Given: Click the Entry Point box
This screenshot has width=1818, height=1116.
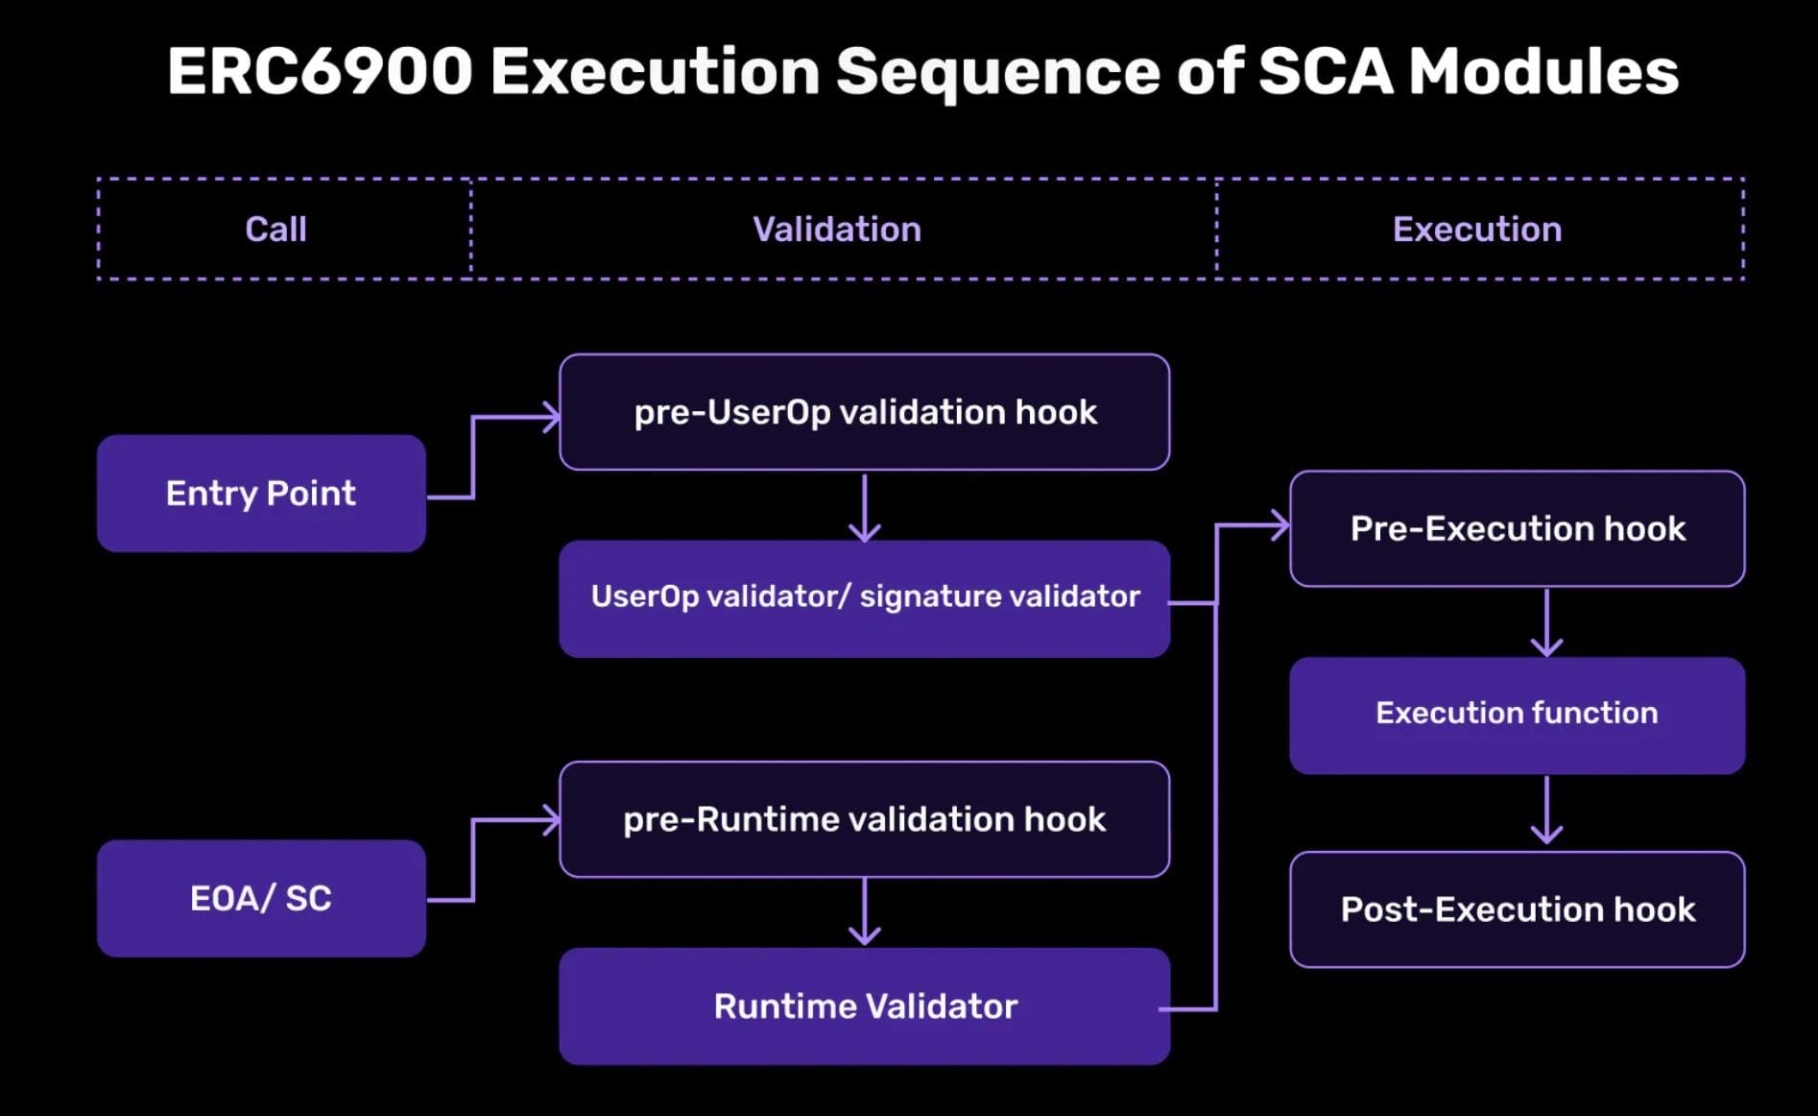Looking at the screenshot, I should (x=261, y=494).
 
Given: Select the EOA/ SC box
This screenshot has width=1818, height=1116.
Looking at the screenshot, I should (x=261, y=899).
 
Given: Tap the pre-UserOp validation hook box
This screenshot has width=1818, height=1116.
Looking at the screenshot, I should (x=864, y=412).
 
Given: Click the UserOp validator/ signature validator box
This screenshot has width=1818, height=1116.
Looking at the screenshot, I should (x=864, y=597).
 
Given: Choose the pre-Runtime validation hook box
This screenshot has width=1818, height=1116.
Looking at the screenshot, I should (x=864, y=819).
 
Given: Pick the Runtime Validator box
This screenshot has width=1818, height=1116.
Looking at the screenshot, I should (x=864, y=1007).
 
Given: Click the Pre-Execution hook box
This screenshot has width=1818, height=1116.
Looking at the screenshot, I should (x=1517, y=529).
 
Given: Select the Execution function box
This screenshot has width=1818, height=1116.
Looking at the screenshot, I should (x=1517, y=714).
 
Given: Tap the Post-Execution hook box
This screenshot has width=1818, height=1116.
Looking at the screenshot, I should (x=1517, y=910).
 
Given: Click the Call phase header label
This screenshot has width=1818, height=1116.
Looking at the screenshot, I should (x=275, y=230).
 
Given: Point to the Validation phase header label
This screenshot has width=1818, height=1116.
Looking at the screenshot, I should (x=836, y=230).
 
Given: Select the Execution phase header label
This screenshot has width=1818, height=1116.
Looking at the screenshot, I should (x=1476, y=230).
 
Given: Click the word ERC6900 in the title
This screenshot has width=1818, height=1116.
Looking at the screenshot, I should (x=320, y=72).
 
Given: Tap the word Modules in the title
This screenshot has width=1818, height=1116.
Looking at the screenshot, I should (x=1543, y=72).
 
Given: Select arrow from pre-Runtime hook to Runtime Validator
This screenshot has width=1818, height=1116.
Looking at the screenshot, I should (x=865, y=911).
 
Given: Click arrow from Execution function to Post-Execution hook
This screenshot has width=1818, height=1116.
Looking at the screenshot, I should (x=1546, y=811).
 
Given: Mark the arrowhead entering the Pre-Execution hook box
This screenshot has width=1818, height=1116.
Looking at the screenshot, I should (x=1279, y=525).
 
